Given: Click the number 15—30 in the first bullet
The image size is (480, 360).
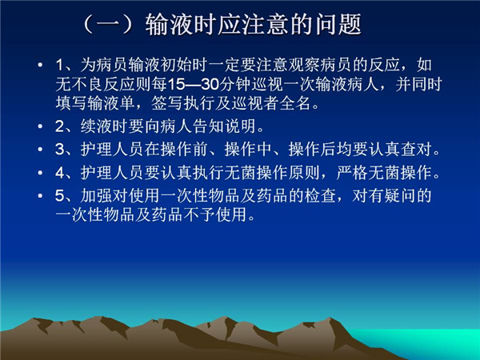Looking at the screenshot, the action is [194, 84].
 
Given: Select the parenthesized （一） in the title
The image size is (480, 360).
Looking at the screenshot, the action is [108, 24].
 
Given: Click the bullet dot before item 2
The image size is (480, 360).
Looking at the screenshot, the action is [40, 126].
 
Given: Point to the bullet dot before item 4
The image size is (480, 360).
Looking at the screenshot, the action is [40, 173].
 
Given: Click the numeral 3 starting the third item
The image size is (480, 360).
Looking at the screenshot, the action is [59, 150].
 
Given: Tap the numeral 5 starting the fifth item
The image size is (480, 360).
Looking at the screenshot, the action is [59, 196].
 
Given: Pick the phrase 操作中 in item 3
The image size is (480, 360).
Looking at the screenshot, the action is [248, 150].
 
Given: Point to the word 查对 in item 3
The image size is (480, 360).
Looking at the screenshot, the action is [416, 150].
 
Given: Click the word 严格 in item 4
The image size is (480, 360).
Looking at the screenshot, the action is [352, 173].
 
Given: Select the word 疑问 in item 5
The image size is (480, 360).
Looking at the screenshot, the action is [400, 196].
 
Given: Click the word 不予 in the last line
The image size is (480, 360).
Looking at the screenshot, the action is [199, 214].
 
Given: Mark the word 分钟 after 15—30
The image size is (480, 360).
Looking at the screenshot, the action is [235, 84].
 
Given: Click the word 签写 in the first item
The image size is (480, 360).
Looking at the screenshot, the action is [167, 103].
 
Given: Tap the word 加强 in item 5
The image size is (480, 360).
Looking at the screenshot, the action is [96, 196].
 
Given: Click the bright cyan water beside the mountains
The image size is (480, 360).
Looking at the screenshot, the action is [429, 342].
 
